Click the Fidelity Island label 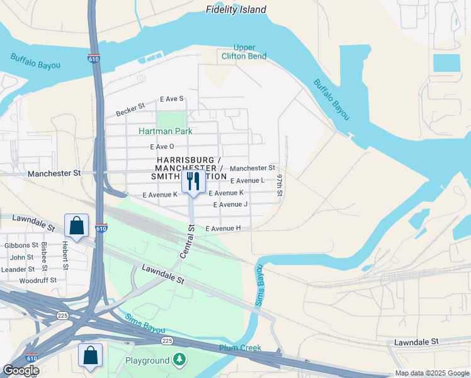[x=236, y=9]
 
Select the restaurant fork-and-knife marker [x=193, y=182]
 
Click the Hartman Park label [x=166, y=131]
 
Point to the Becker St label [x=130, y=110]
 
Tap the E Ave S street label [x=171, y=99]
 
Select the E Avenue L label [x=247, y=180]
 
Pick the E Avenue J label [x=230, y=205]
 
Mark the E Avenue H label [x=223, y=228]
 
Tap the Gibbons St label [x=21, y=245]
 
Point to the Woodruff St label [x=38, y=280]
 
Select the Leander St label [x=18, y=269]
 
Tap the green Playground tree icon [x=180, y=360]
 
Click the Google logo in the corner [x=21, y=371]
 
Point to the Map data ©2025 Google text [x=431, y=373]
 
